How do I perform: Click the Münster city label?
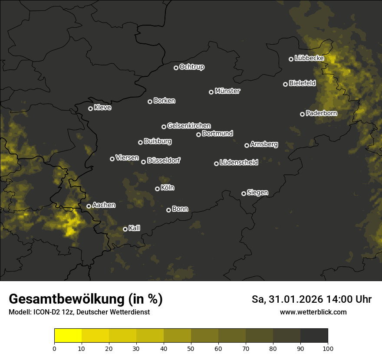coord(227,91)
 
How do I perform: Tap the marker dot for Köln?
coord(157,189)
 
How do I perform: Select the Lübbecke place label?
coord(309,58)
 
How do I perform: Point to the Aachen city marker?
coord(89,206)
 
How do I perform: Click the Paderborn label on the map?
coord(321,113)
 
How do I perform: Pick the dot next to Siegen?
coord(244,193)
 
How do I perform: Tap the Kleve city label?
coord(102,108)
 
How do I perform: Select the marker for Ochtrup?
coord(176,68)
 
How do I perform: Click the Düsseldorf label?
coord(164,160)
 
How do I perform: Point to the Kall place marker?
coord(125,229)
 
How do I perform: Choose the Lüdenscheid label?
coord(239,163)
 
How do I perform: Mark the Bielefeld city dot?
coord(285,84)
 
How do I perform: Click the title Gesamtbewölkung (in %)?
coord(86,299)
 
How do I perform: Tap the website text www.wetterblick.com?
coord(313,312)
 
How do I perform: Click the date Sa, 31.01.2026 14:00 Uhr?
coord(311,299)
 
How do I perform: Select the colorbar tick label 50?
coord(191,348)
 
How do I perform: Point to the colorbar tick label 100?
coord(327,348)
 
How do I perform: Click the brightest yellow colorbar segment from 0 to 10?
coord(68,336)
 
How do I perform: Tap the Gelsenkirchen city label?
coord(189,126)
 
